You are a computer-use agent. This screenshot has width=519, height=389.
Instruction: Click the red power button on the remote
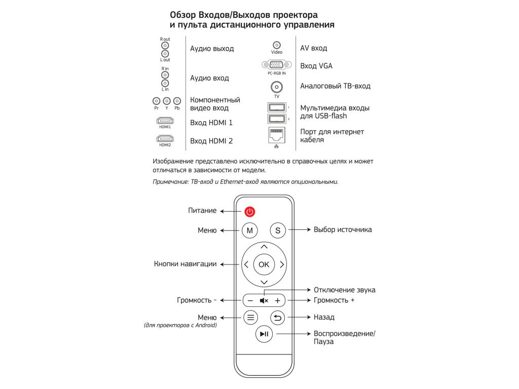click(249, 212)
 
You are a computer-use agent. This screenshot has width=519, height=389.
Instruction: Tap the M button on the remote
click(249, 230)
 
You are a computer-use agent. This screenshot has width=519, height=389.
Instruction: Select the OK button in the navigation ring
click(264, 264)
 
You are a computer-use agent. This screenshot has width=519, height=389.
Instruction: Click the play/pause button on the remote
click(264, 334)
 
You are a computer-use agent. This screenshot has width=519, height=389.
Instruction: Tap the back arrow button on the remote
click(278, 318)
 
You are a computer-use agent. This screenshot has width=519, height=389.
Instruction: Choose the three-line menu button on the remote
click(250, 318)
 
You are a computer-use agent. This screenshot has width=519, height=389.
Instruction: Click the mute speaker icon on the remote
click(264, 300)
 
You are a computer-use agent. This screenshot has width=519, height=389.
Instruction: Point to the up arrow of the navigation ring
click(264, 247)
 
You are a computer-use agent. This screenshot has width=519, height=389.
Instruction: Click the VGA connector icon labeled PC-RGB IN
click(277, 65)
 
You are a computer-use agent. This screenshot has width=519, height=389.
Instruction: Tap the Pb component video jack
click(177, 101)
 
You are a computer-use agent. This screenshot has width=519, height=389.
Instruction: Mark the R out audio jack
click(165, 46)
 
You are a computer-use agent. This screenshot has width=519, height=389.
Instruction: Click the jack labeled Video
click(277, 46)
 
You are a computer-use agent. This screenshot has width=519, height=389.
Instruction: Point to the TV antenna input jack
click(277, 87)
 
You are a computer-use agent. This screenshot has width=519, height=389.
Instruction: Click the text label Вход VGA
click(316, 66)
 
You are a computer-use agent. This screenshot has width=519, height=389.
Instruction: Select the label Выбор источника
click(343, 229)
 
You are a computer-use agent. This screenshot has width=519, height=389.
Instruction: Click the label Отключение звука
click(344, 290)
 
